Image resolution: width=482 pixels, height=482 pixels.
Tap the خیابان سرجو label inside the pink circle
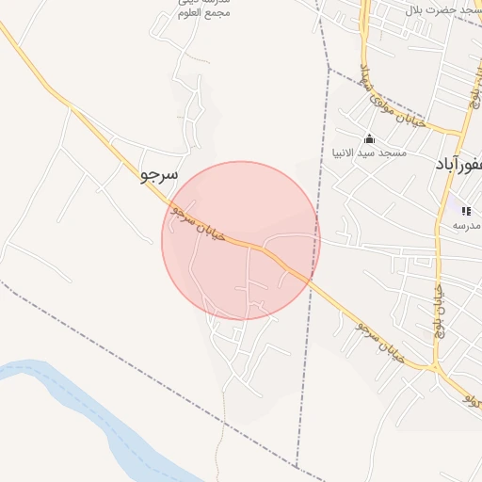[199, 223]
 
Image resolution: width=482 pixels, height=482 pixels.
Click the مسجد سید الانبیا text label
[368, 152]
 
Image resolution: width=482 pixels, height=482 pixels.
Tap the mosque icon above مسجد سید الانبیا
[368, 138]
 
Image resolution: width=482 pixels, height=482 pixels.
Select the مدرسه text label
[466, 225]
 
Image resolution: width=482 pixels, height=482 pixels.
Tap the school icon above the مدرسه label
[466, 211]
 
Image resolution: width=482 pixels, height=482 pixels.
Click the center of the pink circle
[241, 241]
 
